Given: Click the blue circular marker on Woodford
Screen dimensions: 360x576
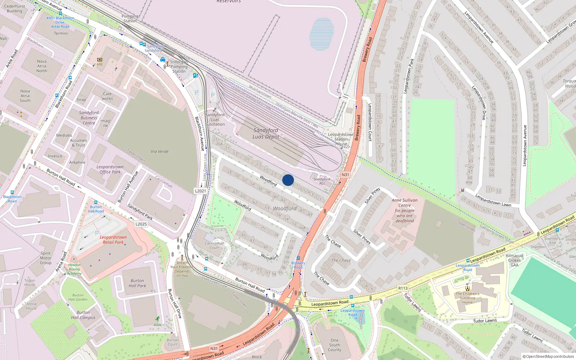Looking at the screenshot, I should coord(288,180).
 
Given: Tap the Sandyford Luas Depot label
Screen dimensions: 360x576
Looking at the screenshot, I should coord(266,133).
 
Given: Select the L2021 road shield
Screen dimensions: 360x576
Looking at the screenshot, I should coord(201,191).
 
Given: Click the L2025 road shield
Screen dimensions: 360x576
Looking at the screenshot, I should coord(141,224).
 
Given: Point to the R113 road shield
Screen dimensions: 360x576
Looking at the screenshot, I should coord(403,288).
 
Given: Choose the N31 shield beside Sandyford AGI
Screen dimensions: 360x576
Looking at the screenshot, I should coord(345,175).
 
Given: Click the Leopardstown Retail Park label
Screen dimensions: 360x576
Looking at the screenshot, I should coord(113,240).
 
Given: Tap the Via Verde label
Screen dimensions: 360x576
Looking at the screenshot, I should coord(160,151).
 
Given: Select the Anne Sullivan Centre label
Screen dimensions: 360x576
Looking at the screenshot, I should coord(405,211).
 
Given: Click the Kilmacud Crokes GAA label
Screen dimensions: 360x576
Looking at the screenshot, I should coord(514,260).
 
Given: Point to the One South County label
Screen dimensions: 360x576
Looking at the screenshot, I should coord(334,345).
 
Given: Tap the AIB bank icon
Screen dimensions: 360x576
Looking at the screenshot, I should coord(100,60).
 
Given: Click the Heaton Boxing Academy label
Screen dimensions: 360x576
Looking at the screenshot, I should coord(75,269).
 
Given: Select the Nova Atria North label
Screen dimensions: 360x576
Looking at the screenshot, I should coord(42,66).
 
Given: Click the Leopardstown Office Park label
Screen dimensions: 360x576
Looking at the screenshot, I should coord(110,169).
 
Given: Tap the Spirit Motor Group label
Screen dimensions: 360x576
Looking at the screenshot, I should coord(46,258).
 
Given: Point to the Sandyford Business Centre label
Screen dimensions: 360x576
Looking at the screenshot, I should coord(89,118).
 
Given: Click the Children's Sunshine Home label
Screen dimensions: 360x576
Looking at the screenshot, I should coord(468,298).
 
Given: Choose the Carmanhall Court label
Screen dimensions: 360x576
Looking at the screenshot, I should coord(215,246).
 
